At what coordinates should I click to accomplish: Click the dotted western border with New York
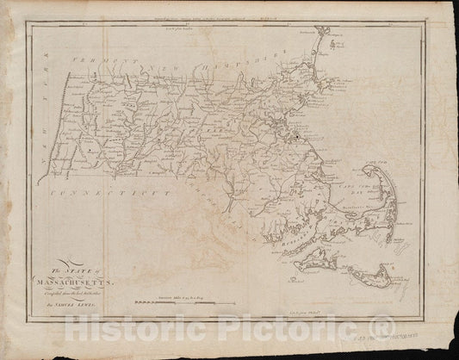coord(53,129)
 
